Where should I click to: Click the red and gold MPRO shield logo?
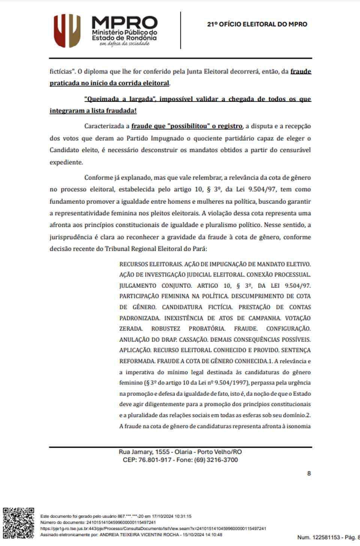click(67, 30)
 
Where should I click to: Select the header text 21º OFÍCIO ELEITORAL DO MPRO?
click(257, 24)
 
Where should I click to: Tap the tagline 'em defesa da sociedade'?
click(124, 44)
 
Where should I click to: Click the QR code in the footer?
click(18, 523)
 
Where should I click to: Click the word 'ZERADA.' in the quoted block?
click(131, 329)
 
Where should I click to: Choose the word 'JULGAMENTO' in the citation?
click(138, 286)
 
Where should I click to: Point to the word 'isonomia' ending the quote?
click(298, 426)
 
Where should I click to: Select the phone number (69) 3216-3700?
click(216, 460)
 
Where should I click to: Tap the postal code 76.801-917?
click(155, 460)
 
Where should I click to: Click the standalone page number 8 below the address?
click(309, 473)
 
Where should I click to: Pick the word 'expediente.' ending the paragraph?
click(66, 162)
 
